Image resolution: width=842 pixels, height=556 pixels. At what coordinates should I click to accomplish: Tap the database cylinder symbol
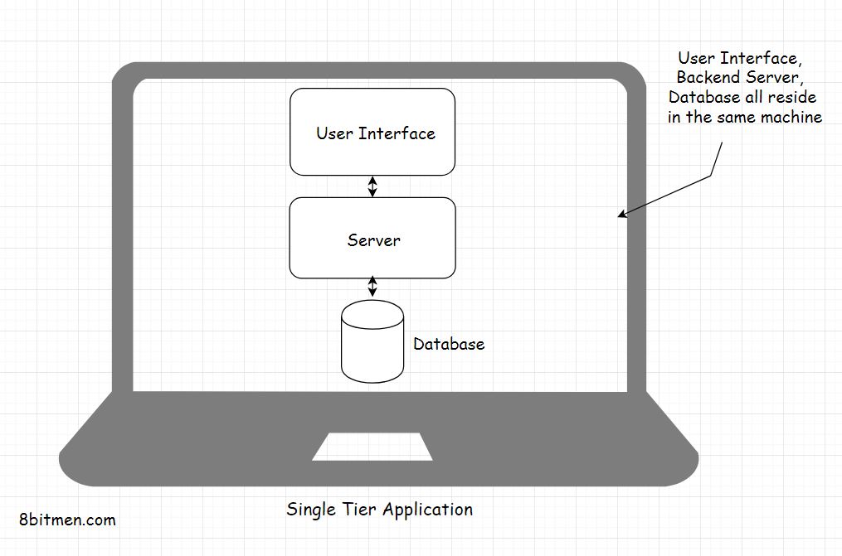tap(372, 341)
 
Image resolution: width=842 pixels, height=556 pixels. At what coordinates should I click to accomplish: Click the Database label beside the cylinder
tap(449, 344)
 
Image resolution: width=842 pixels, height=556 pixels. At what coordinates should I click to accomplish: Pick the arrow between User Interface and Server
tap(372, 186)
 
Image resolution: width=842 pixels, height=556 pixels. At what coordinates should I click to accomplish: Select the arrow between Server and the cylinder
tap(372, 287)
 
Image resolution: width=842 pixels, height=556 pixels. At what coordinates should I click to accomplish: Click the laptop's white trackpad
tap(372, 446)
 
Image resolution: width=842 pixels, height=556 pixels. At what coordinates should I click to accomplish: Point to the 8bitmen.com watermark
tap(67, 520)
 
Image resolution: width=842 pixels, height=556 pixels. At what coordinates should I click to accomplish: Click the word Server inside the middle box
tap(374, 240)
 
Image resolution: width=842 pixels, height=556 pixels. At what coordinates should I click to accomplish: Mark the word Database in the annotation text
tap(703, 98)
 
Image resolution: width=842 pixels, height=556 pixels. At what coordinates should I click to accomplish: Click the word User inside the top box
tap(333, 133)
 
